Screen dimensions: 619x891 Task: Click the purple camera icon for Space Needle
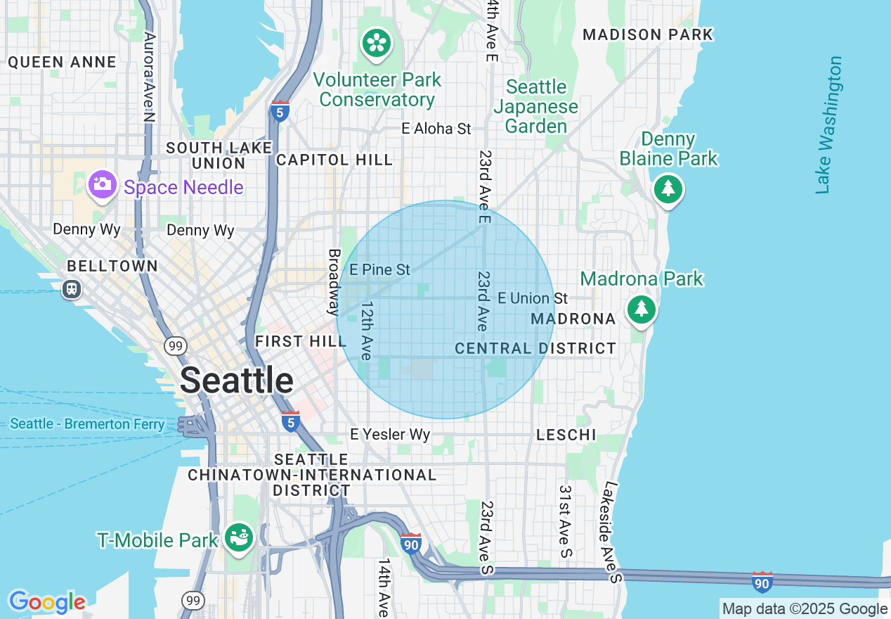point(102,185)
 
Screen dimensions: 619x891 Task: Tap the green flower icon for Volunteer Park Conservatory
point(377,44)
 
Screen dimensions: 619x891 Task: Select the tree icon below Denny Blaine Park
point(668,189)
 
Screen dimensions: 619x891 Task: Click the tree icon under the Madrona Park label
point(640,309)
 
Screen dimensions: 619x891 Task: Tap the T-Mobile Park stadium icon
point(239,538)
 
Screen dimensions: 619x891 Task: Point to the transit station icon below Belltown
point(72,289)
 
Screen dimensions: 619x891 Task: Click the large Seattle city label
point(236,381)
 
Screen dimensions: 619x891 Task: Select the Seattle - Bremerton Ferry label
point(88,424)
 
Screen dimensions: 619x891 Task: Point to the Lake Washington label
point(829,125)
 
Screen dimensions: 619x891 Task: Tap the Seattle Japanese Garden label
point(536,106)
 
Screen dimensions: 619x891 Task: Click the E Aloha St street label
point(436,129)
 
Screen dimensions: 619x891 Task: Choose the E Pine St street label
point(380,269)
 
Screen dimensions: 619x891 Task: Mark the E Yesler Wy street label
point(390,435)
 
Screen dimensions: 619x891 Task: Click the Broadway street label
point(334,281)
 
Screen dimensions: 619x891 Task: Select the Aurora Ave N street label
point(148,76)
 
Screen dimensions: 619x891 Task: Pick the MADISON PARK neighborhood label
point(648,34)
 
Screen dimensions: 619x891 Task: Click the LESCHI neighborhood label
point(566,435)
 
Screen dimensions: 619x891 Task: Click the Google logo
point(47,602)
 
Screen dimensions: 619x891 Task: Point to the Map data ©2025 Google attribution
point(805,609)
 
